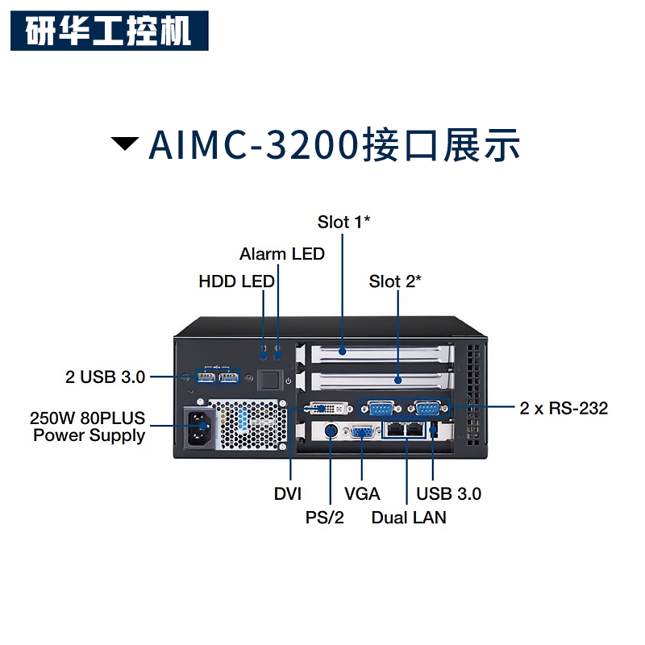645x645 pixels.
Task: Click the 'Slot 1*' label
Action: [344, 222]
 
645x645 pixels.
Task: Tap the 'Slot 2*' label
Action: [395, 281]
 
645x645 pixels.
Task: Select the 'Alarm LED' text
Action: [282, 254]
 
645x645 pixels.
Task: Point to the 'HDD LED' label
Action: [236, 281]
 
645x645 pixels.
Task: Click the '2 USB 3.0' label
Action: [105, 377]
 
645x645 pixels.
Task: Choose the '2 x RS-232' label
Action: [564, 408]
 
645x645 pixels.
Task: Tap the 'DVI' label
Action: [288, 493]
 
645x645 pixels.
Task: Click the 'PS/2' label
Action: [325, 518]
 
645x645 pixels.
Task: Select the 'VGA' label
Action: [362, 493]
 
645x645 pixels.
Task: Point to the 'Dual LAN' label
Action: [409, 518]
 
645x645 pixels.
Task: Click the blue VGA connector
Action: [361, 432]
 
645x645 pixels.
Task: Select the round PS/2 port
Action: [331, 431]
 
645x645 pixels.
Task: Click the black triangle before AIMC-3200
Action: [125, 144]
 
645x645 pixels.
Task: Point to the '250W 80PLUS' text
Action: [87, 418]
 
